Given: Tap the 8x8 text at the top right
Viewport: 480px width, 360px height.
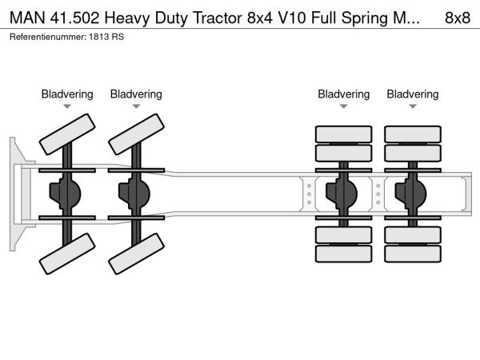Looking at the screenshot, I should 457,18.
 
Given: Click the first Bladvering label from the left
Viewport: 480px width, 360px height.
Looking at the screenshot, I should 67,94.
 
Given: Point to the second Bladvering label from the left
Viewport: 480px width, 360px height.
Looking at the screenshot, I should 136,94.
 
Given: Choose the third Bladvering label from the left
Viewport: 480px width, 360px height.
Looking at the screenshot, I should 343,94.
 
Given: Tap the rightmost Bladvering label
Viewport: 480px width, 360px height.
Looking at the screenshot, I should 413,94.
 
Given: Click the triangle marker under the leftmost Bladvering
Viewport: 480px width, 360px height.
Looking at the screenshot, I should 67,106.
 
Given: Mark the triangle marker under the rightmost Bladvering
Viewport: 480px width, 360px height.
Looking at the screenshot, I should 413,106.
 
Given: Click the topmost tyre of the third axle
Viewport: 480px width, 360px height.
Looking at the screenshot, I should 344,133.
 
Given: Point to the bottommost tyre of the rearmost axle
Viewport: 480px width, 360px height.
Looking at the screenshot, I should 413,254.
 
